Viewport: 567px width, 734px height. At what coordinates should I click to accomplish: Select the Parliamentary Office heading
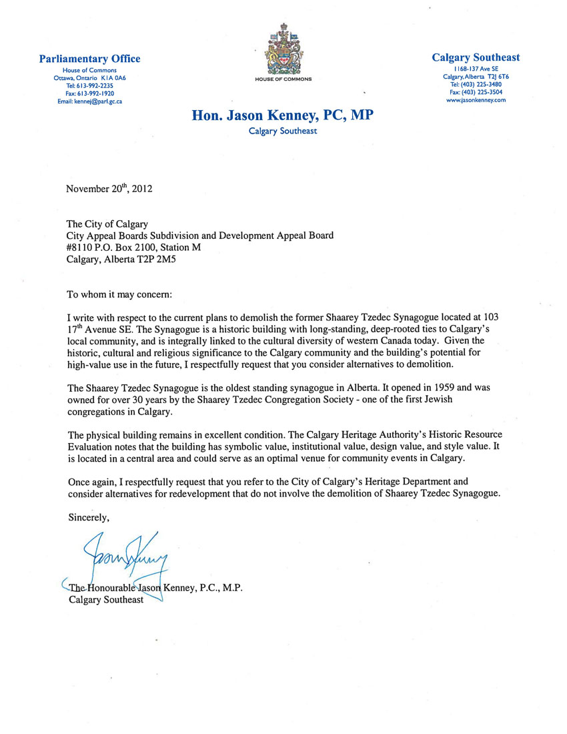90,59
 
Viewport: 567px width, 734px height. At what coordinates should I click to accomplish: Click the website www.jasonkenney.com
476,99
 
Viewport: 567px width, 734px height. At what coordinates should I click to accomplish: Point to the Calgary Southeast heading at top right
476,58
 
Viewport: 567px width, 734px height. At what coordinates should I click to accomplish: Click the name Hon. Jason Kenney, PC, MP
283,115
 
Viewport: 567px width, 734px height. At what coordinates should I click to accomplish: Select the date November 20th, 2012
109,188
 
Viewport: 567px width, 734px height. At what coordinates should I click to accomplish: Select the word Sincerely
89,516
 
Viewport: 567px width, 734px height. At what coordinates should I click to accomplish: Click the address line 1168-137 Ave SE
476,69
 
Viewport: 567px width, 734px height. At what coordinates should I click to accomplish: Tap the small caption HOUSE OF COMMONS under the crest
283,79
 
